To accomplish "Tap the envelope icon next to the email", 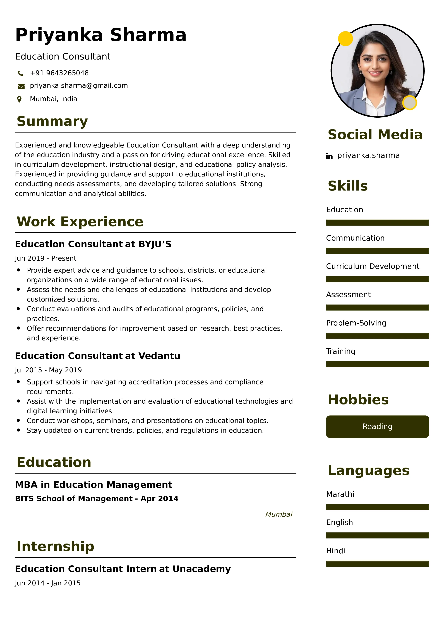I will coord(21,86).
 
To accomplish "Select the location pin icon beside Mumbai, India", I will coord(19,99).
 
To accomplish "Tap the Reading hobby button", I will coord(377,427).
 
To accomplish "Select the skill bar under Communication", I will coord(377,251).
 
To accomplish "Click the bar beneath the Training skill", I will coord(377,364).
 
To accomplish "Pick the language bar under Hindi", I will coord(377,564).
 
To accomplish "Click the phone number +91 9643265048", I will coord(59,73).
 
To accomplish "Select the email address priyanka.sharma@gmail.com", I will coord(79,86).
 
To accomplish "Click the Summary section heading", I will coord(52,121).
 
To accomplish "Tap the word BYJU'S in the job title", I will coord(155,244).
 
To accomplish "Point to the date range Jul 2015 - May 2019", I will coord(48,370).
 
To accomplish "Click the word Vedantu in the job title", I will coord(159,356).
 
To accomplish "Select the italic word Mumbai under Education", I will coord(279,515).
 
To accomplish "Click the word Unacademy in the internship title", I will coord(202,569).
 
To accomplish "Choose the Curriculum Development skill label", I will coord(372,266).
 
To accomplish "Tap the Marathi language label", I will coord(340,494).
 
